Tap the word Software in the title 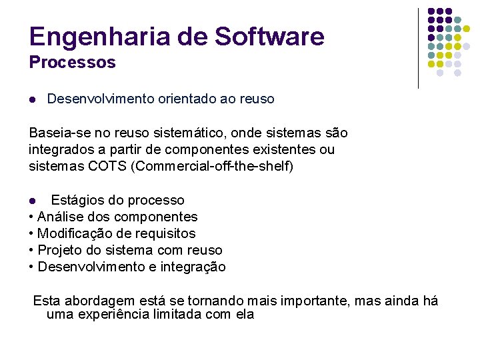(x=269, y=37)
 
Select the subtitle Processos (x=72, y=63)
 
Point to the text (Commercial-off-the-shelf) (x=213, y=166)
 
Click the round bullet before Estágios (x=33, y=201)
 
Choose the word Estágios (x=77, y=200)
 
